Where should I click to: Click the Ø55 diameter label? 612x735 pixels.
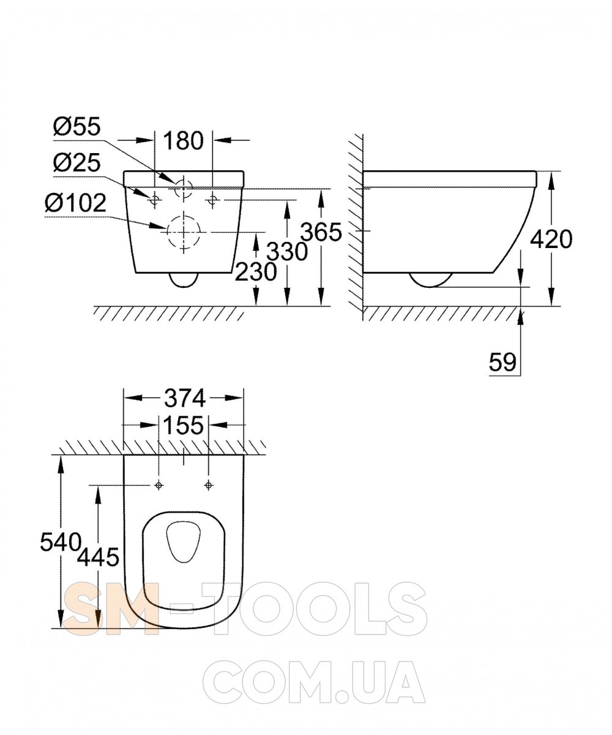coord(77,126)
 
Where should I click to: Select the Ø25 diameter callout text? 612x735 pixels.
coord(77,163)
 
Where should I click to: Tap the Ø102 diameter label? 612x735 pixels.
coord(75,203)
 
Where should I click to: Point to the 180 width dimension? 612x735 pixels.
coord(184,140)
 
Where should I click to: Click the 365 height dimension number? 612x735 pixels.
coord(322,232)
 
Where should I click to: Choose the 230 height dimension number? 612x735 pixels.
coord(256,271)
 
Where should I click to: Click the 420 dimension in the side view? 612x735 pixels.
coord(551,239)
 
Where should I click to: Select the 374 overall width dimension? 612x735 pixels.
coord(185,399)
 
